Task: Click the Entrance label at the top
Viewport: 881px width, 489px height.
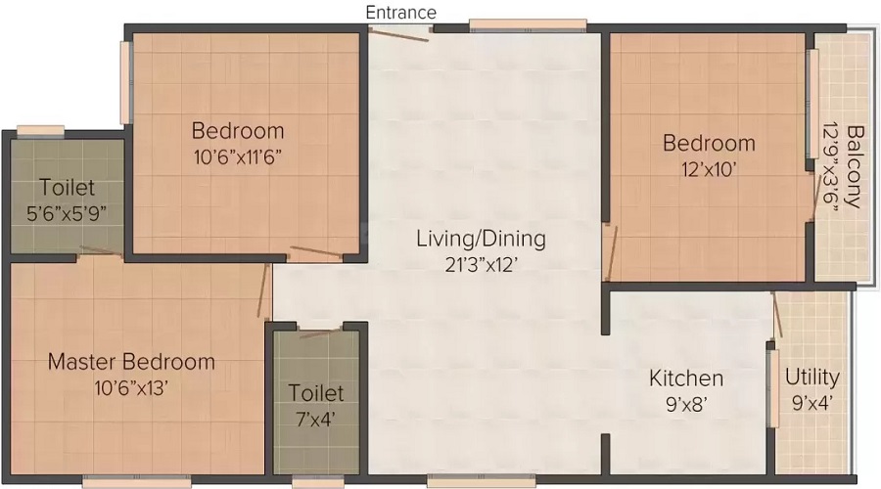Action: tap(400, 13)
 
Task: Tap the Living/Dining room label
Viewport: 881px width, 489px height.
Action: tap(481, 239)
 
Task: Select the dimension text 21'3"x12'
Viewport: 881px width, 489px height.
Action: tap(481, 264)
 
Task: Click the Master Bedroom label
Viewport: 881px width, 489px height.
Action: tap(131, 361)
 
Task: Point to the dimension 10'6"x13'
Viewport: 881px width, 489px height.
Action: tap(131, 387)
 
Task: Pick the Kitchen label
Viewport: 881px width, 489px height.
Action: tap(686, 378)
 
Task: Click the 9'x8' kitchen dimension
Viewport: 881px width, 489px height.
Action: tap(686, 404)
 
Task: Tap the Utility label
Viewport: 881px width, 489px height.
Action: tap(811, 378)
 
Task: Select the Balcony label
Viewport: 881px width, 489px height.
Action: tap(855, 166)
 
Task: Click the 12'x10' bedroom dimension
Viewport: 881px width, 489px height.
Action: tap(709, 169)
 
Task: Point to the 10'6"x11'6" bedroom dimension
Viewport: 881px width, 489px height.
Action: tap(237, 157)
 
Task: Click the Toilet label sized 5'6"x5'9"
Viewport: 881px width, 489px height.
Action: tap(67, 187)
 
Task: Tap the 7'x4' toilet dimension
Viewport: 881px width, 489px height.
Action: tap(316, 419)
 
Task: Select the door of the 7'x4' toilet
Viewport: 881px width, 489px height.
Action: tap(320, 333)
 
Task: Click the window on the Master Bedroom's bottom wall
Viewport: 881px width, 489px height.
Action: tap(136, 481)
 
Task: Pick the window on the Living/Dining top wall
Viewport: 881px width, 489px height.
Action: tap(528, 24)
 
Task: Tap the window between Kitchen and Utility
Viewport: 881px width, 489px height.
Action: tap(773, 388)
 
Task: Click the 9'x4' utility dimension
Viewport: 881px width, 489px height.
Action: tap(811, 403)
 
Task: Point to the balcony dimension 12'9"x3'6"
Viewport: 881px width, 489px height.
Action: tap(831, 166)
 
